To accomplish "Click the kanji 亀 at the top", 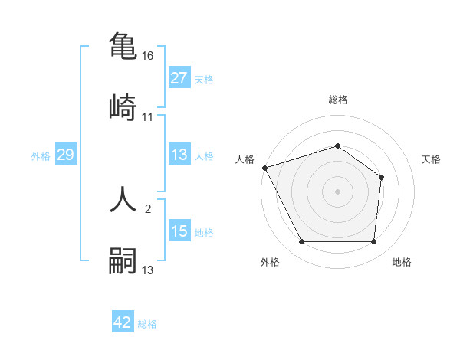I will click(123, 45).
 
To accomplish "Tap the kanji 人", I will click(123, 198).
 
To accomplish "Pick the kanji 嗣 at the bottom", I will click(123, 260).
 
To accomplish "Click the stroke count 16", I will click(149, 56).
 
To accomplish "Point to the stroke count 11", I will click(148, 116).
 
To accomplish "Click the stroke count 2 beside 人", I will click(148, 208).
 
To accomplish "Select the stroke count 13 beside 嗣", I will click(148, 270).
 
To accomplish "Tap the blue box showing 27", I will click(179, 78).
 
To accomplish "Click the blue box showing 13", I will click(179, 155).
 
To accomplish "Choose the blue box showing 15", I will click(179, 231).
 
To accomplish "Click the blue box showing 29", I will click(65, 155).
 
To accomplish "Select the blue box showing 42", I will click(123, 322).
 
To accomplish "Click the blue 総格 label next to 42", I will click(148, 324).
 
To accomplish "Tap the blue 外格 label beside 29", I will click(41, 155).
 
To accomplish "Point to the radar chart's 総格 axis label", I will click(338, 100).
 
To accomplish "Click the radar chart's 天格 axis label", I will click(432, 159).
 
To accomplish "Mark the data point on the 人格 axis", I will click(264, 168).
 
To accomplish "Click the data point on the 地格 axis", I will click(373, 242).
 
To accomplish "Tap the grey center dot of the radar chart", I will click(338, 191).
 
